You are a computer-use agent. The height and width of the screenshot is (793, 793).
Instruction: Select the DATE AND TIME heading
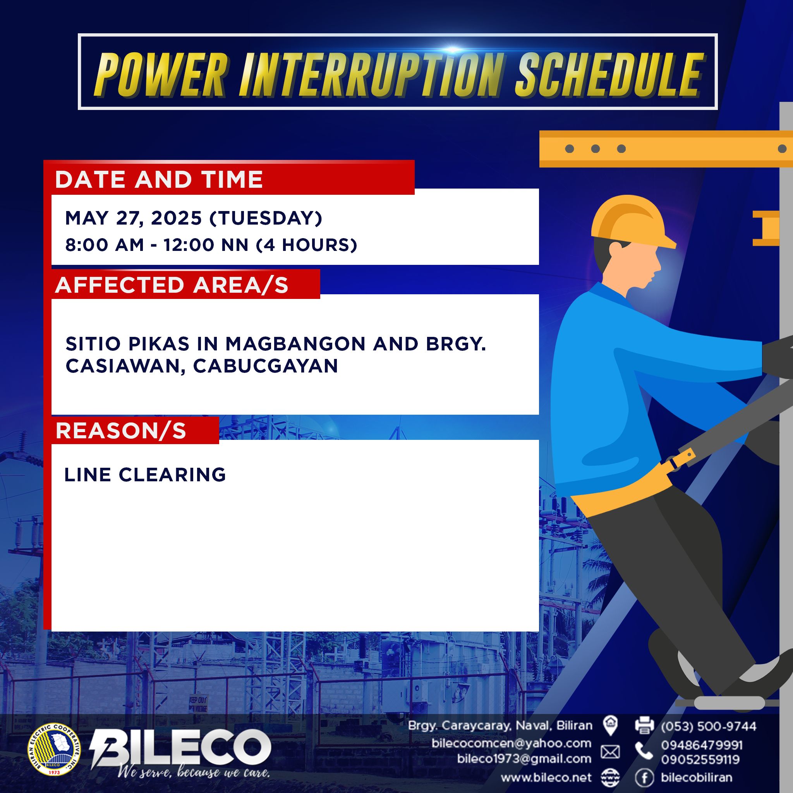(x=159, y=179)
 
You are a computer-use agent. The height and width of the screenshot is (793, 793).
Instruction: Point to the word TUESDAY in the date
(x=266, y=218)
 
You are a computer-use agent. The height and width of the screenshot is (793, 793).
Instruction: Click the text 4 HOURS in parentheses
(x=306, y=245)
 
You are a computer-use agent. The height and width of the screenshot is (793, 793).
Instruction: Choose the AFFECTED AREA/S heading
(x=172, y=285)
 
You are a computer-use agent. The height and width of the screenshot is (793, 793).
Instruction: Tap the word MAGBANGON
(x=295, y=343)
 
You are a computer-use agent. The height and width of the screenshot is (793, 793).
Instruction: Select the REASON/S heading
(x=121, y=431)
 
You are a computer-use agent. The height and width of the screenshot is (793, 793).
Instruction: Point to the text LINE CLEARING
(x=145, y=474)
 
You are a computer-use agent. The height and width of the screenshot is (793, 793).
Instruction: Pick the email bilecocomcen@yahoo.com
(x=512, y=743)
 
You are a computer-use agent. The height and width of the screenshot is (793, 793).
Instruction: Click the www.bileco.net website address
(x=546, y=777)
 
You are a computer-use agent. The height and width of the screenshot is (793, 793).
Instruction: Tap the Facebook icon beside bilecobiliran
(x=644, y=777)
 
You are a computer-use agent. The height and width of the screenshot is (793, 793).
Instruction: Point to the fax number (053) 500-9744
(x=709, y=726)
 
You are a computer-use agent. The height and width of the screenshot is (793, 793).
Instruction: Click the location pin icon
(x=610, y=725)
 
